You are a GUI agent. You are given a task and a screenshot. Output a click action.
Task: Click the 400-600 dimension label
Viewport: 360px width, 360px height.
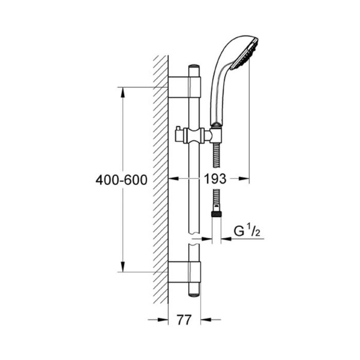coord(121,180)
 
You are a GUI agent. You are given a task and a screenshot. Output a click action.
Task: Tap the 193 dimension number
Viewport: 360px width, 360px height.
coord(215,178)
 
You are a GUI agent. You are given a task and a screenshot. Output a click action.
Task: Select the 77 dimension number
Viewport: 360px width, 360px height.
coord(184,319)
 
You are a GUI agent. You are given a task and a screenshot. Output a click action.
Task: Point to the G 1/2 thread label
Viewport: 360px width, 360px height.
coord(247,231)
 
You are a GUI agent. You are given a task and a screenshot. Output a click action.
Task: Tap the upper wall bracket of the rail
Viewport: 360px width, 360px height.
coord(185,87)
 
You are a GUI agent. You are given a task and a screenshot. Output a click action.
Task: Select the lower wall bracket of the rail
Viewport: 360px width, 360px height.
coord(185,272)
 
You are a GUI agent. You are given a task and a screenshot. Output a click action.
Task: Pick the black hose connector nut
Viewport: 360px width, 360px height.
coord(217,214)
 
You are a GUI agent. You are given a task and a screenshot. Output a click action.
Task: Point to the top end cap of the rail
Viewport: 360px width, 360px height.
coord(194,66)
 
